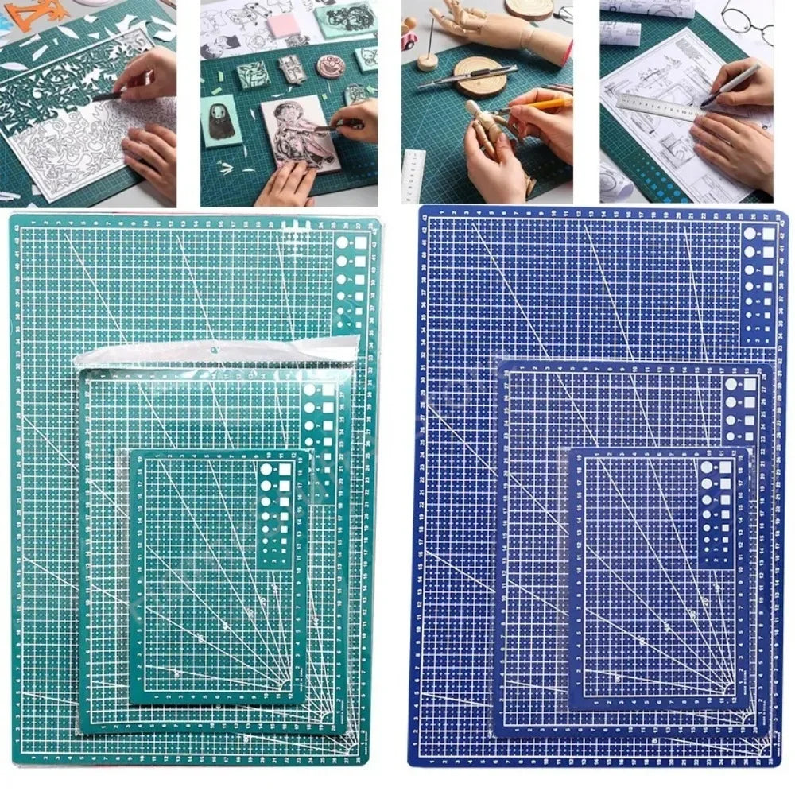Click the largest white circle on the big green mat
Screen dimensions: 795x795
tap(343, 243)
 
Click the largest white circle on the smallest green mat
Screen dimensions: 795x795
tap(265, 467)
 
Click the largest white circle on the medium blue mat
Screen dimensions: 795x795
tap(730, 384)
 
